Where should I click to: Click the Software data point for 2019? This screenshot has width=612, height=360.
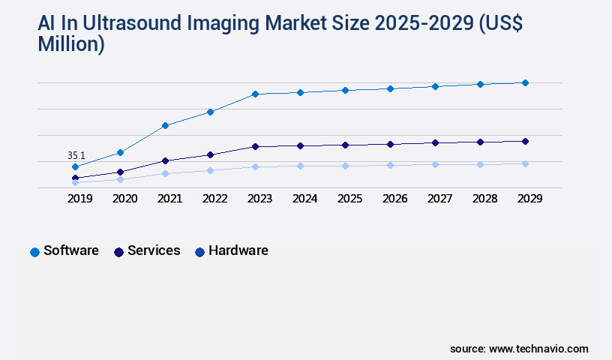click(x=76, y=166)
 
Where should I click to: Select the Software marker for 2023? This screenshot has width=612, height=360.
click(x=255, y=94)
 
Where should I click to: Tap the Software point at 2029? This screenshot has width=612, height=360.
click(x=525, y=82)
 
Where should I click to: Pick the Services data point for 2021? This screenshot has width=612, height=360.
click(x=165, y=160)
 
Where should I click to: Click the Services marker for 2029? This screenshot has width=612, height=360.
click(x=525, y=141)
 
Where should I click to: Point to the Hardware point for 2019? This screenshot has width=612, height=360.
click(x=76, y=182)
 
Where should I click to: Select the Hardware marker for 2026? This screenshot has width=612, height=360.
click(x=390, y=165)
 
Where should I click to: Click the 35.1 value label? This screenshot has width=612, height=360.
click(x=76, y=155)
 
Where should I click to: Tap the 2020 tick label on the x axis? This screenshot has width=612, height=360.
click(x=124, y=199)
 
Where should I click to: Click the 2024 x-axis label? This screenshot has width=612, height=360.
click(x=304, y=199)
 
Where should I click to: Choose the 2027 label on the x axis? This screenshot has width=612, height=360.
click(x=439, y=199)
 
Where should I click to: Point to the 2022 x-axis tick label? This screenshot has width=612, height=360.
click(x=214, y=199)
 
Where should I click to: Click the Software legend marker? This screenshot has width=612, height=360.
click(x=34, y=252)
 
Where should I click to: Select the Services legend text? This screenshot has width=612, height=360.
click(x=154, y=250)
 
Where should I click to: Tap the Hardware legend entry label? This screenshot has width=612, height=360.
click(x=238, y=250)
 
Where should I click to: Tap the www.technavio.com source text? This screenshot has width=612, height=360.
click(x=538, y=349)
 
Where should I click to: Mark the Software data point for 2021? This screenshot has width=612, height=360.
click(x=165, y=125)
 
